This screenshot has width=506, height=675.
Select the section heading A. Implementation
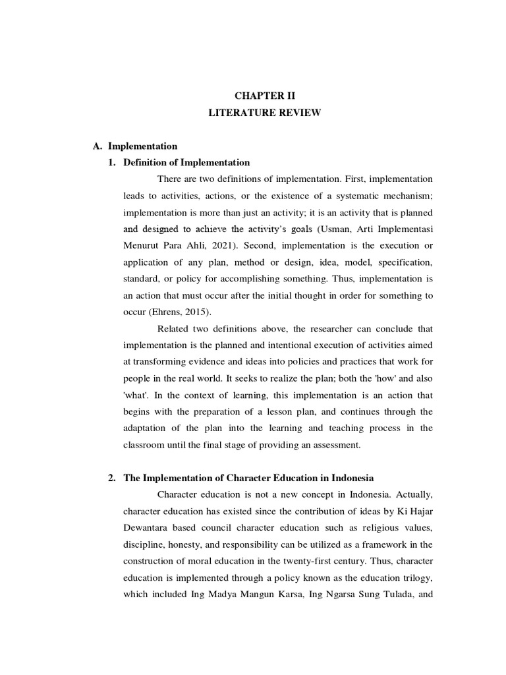(136, 146)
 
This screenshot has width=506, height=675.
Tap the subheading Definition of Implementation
(186, 162)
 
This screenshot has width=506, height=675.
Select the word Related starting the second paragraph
(175, 329)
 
